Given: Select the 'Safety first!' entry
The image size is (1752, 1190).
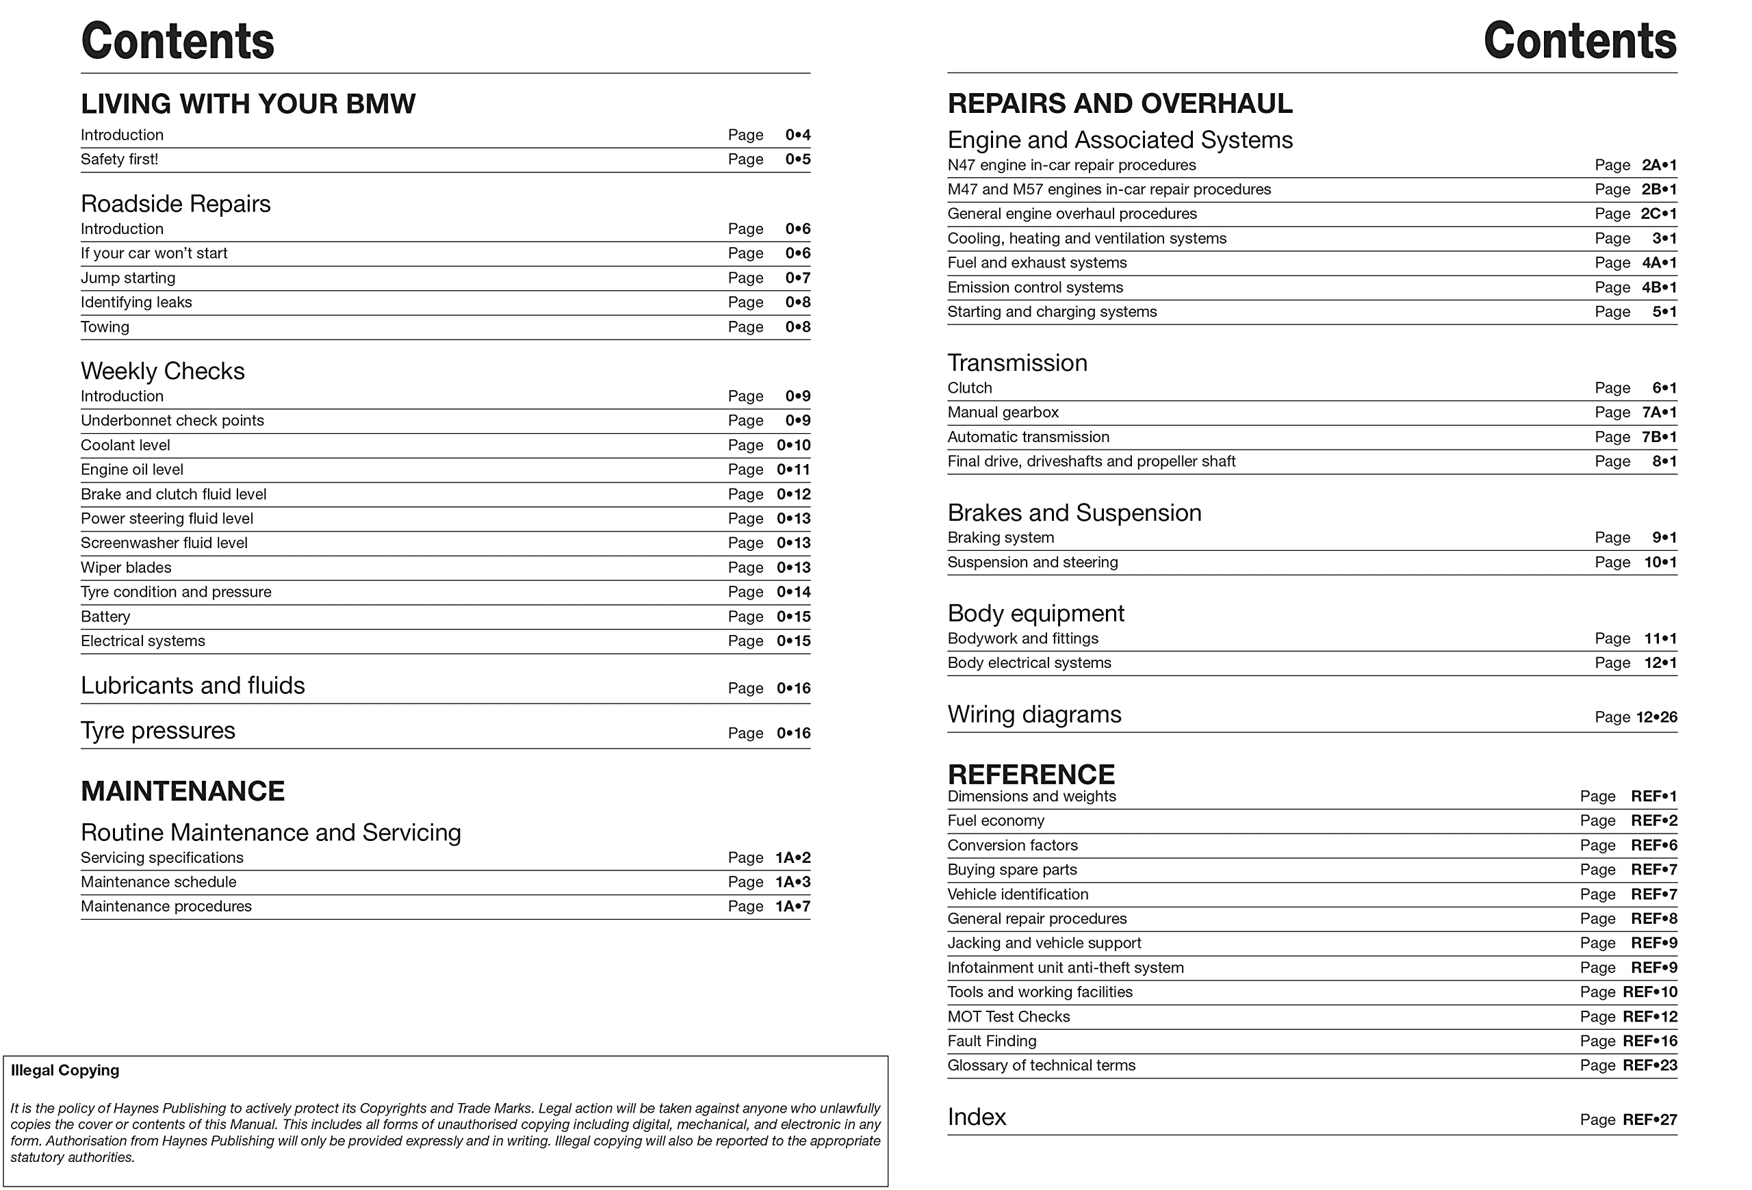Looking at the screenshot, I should coord(119,159).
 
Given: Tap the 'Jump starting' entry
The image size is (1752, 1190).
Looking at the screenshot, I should coord(127,278).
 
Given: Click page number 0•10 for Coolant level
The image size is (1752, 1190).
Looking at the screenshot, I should coord(793,445).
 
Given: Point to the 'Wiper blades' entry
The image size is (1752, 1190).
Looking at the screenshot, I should coord(126,567).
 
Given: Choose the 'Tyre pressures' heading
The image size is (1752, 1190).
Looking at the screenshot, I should coord(157,730).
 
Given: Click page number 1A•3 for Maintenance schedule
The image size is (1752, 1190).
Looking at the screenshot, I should coord(793,882).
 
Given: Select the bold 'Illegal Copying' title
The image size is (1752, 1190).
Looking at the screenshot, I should coord(65,1070).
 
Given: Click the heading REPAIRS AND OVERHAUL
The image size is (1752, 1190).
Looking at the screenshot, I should coord(1120,104).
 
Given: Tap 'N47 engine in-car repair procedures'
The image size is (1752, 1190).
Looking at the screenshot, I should coord(1071,165).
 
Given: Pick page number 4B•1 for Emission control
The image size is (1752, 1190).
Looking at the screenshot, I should coord(1658,287).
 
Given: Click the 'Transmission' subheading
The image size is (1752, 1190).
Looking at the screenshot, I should coord(1017,363).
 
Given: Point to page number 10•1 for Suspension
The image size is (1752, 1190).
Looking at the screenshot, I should coord(1660,562).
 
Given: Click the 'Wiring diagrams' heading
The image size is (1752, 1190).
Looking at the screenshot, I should coord(1033,714).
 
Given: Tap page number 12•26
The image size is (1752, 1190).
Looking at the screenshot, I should coord(1656,717).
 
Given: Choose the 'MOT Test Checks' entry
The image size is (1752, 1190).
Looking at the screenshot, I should coord(1008,1017).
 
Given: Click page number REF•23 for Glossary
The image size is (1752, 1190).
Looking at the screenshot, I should coord(1649,1065).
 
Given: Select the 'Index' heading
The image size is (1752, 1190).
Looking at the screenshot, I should coord(977,1117).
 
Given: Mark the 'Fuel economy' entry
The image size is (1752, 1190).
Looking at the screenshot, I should coord(995,820).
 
